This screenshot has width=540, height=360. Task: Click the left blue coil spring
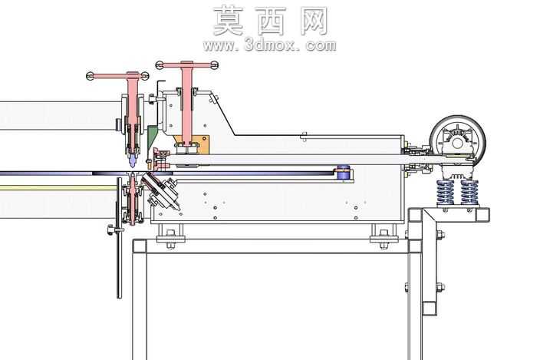coord(446,192)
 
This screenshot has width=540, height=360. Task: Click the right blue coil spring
coord(469,192)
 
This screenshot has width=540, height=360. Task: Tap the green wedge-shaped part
coord(152,137)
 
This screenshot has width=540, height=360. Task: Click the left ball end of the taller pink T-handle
coord(159,64)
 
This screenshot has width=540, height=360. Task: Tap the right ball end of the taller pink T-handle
coord(215,64)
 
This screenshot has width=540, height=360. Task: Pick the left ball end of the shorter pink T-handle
coord(91,76)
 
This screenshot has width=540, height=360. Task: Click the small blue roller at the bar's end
coord(343,173)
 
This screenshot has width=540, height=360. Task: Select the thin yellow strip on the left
coord(58,188)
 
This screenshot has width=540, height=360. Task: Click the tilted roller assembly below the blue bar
coord(162,192)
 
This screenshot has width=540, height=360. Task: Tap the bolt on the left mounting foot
coord(170,239)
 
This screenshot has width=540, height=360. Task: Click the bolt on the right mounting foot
coord(384,239)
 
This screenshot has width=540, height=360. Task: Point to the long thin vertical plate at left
coord(119,238)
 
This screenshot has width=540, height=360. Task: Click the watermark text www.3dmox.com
coord(270,45)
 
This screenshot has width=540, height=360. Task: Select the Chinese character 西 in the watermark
coord(272,21)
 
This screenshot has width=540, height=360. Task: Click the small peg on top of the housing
coord(304,136)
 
